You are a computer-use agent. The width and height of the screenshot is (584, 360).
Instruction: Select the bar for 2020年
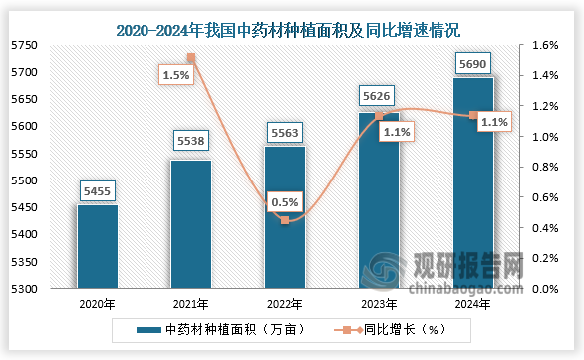(97, 246)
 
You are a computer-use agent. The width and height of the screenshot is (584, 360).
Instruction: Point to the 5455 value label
(98, 188)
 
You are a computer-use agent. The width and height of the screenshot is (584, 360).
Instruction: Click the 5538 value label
(190, 144)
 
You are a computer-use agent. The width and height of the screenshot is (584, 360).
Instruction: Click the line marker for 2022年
(285, 220)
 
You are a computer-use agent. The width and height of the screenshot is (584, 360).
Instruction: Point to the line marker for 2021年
(191, 58)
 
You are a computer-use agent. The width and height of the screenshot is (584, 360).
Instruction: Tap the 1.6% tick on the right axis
(546, 45)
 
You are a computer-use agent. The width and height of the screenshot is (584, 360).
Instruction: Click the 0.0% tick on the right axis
(546, 289)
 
